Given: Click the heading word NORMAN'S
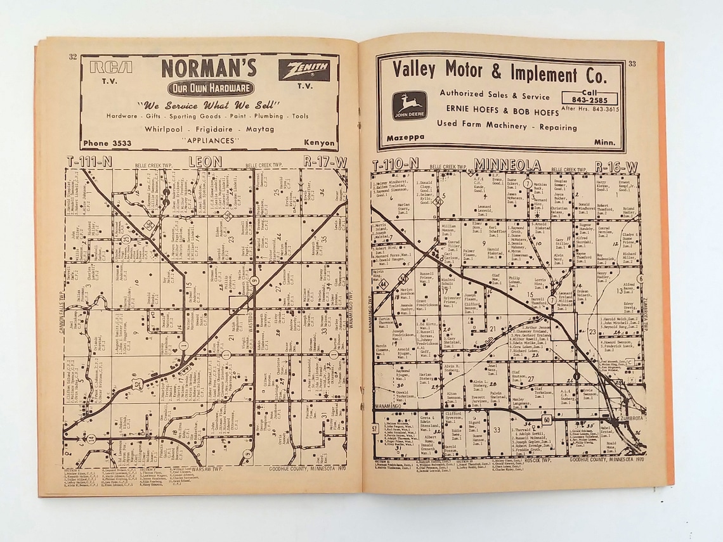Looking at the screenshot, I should tap(209, 68).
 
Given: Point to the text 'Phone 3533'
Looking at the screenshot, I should tap(107, 143).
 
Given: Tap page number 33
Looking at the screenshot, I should tap(632, 63).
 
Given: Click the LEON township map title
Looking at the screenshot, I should tap(205, 162).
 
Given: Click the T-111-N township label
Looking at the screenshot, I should tap(89, 162).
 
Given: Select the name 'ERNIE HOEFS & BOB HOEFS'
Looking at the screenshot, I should tap(497, 111).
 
